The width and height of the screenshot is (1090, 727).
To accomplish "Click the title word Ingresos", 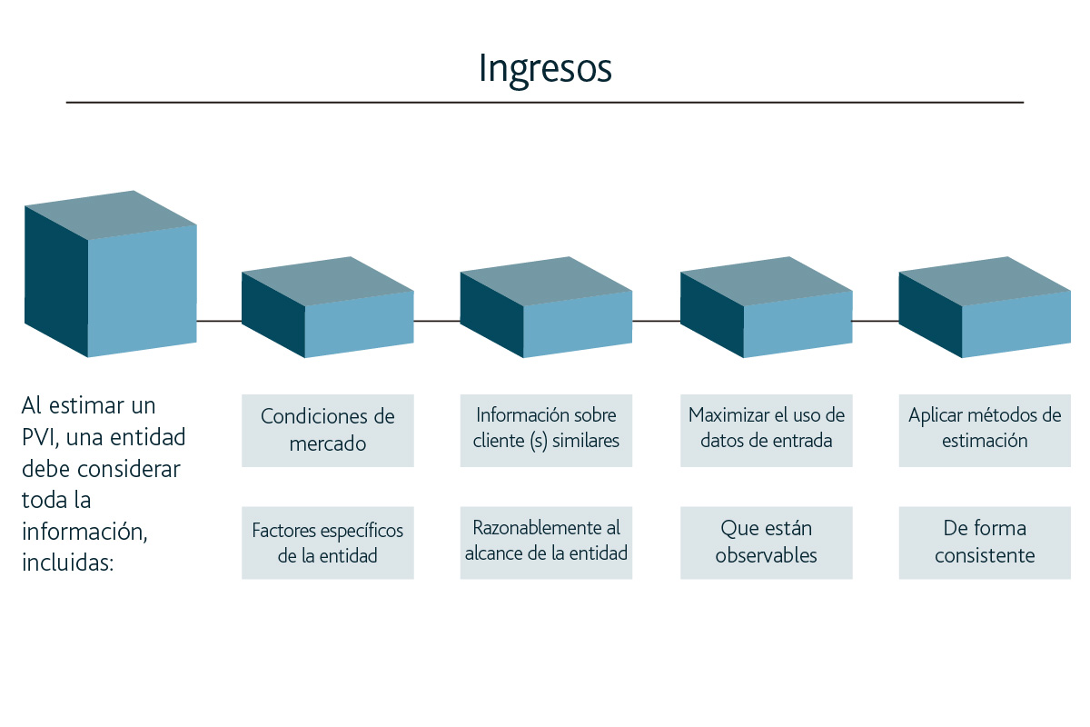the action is tap(545, 69).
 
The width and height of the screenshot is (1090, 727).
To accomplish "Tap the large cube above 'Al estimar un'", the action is tap(111, 274).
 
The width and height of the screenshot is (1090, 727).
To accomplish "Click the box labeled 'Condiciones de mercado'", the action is tap(328, 431).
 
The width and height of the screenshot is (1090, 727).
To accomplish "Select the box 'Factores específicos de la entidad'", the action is tap(328, 543).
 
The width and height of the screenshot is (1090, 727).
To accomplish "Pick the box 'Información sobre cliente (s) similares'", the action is tap(546, 431).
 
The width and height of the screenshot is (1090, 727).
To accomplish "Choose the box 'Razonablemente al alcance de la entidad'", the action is tap(546, 543).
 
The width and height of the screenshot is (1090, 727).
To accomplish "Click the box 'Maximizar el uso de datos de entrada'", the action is tap(767, 431).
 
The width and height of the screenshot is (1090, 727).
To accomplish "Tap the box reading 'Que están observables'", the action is tap(767, 543).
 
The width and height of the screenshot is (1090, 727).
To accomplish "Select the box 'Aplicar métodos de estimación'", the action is tap(985, 431).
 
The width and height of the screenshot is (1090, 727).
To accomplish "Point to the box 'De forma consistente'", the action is tap(985, 543).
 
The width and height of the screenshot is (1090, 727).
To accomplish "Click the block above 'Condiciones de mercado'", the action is tap(328, 307).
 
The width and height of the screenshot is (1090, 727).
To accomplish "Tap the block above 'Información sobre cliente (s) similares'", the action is tap(546, 307).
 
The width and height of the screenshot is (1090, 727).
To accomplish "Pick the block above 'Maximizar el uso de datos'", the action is tap(767, 307).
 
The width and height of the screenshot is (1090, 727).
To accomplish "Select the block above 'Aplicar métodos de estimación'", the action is tap(985, 307).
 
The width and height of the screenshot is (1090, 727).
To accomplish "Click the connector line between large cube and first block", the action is tap(219, 321).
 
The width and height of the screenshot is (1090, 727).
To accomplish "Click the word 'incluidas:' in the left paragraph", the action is tap(67, 563).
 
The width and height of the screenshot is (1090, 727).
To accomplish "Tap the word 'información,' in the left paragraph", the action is tap(84, 532).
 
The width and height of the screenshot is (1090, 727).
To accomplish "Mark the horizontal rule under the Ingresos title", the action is tap(545, 103).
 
